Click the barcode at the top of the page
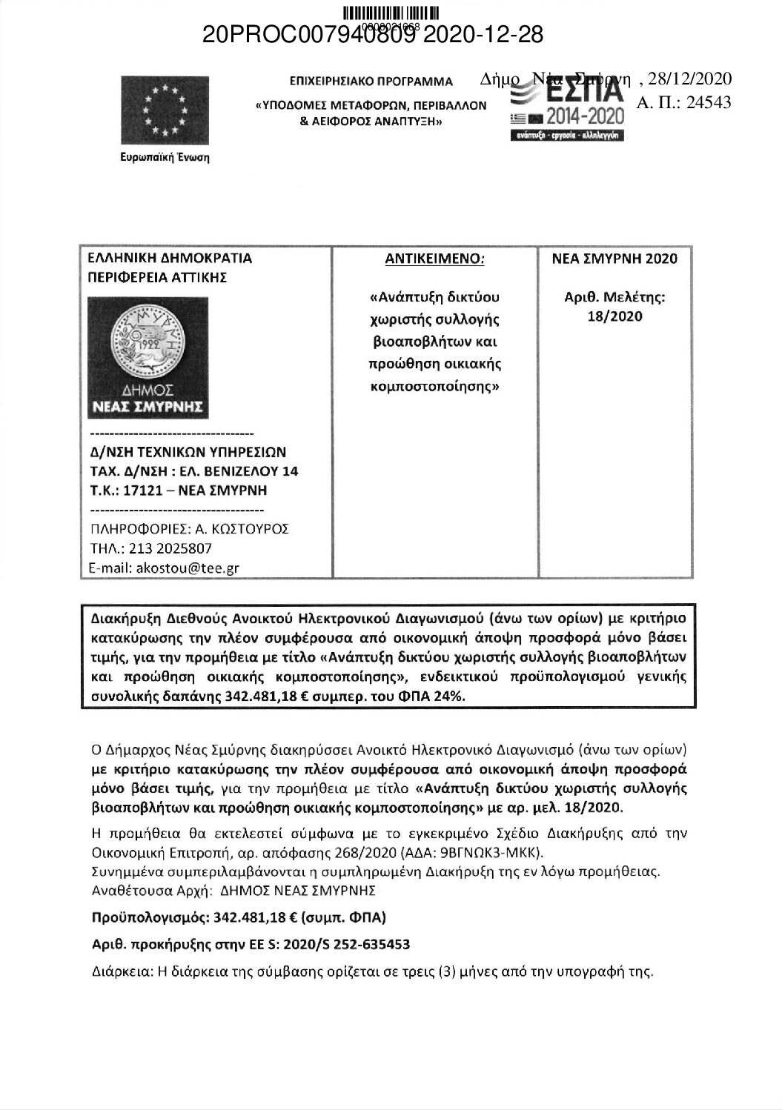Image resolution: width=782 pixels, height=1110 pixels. (391, 13)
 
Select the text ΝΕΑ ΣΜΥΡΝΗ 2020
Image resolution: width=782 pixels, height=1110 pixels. (614, 259)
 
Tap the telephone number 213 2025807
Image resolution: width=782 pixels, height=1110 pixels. (170, 549)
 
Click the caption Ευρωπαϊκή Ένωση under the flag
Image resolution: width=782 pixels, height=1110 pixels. (165, 158)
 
